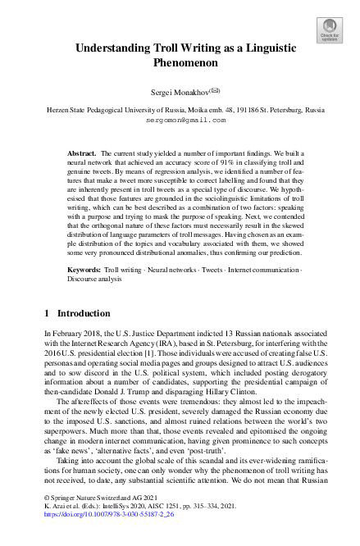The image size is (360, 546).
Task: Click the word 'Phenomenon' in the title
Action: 180,62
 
